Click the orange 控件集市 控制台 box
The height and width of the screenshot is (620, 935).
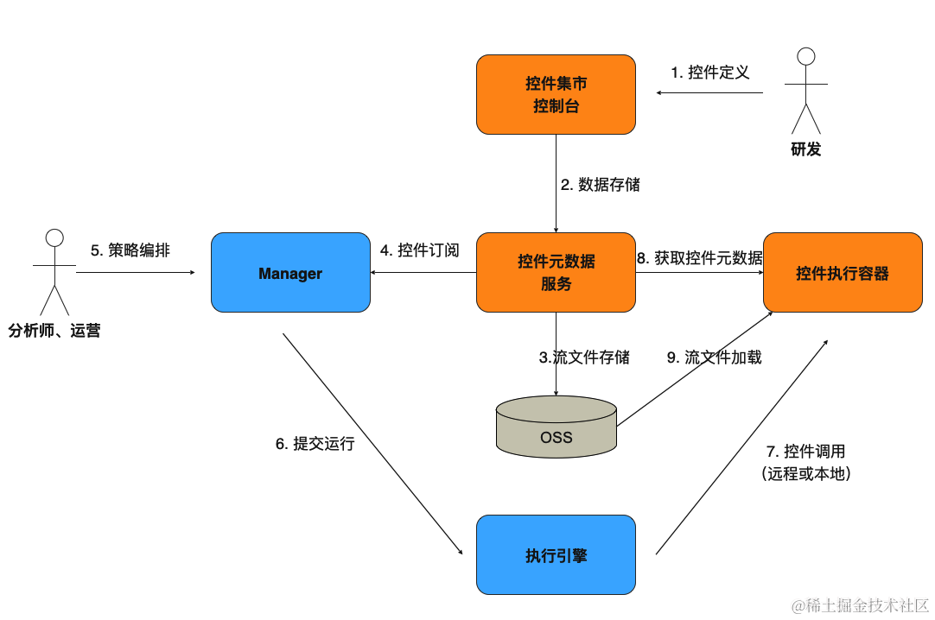click(556, 95)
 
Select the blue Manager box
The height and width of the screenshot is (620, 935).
click(290, 273)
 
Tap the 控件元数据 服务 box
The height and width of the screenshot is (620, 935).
click(556, 273)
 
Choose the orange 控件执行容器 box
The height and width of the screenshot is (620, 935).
click(842, 273)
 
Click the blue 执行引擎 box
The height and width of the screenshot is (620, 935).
click(556, 554)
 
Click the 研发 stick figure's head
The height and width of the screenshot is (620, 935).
click(806, 57)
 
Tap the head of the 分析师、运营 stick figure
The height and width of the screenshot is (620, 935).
click(55, 237)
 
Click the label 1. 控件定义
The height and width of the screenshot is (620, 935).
click(710, 73)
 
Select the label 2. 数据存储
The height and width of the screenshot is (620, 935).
click(600, 184)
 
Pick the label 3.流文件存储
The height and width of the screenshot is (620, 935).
click(584, 357)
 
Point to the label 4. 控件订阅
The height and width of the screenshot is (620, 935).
click(419, 250)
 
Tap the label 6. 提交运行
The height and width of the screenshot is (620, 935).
click(315, 444)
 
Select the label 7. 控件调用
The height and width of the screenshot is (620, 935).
click(805, 451)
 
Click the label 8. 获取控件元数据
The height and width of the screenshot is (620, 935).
click(700, 257)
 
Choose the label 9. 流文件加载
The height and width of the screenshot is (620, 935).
click(714, 357)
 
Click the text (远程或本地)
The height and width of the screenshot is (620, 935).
click(805, 473)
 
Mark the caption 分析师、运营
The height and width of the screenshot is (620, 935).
click(54, 330)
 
